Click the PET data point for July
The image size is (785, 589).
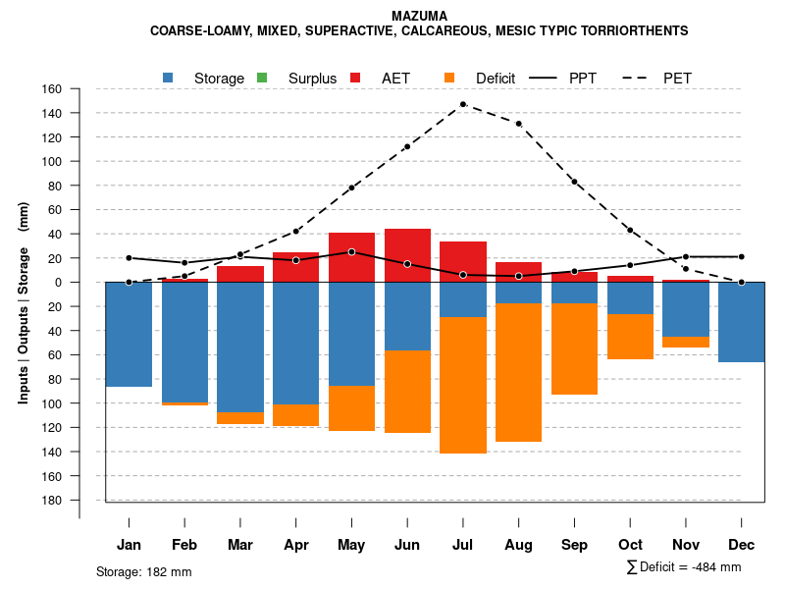coord(462,104)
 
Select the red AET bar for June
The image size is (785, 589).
coord(407,255)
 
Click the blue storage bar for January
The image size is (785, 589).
coord(129,334)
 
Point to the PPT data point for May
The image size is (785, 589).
coord(351,252)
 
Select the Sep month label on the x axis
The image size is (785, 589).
coord(574,545)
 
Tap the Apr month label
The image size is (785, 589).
coord(295,545)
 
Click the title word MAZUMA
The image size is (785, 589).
coord(419,16)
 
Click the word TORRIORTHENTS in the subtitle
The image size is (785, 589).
coord(633,30)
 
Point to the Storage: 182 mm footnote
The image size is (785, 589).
coord(144,571)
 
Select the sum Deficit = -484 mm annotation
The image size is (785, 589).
coord(684,567)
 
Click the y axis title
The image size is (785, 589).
coord(24,302)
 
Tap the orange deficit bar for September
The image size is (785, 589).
coord(574,348)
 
